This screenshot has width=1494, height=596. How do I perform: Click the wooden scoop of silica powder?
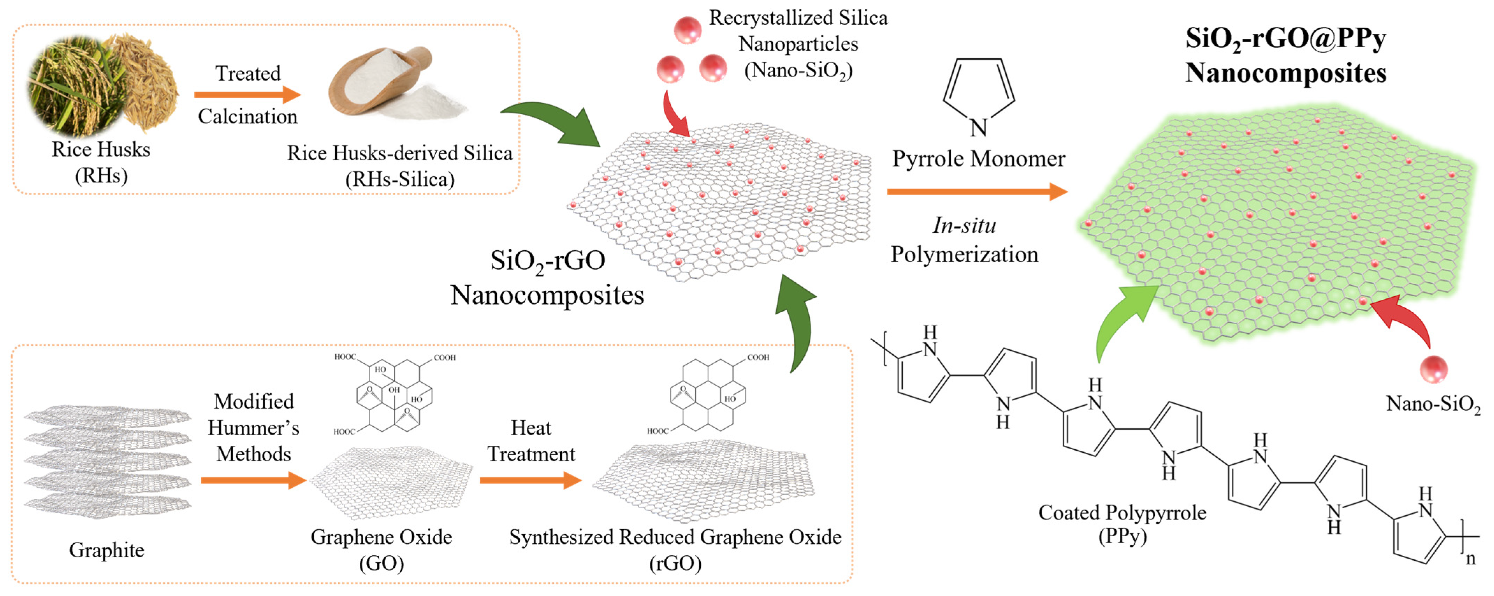point(383,81)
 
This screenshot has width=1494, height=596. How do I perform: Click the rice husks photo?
point(102,87)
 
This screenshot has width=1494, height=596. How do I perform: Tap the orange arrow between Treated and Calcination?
point(248,95)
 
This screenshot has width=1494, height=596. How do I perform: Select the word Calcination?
point(248,117)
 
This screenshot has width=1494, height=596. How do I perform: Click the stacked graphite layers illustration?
point(107,461)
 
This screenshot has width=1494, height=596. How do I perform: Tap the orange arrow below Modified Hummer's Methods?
point(254,480)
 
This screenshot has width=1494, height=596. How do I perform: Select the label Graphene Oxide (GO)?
point(381,549)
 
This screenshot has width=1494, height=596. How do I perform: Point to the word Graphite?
point(107,550)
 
